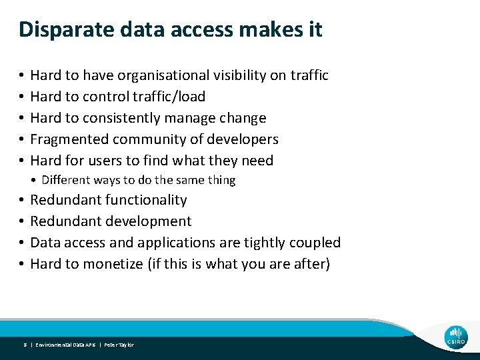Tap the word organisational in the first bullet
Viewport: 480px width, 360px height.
(169, 75)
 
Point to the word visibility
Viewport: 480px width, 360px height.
(241, 75)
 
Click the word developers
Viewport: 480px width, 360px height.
(243, 139)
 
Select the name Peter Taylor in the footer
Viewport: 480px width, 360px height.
(119, 345)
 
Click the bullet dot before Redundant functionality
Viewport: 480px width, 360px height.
(22, 200)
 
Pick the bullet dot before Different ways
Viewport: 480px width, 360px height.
(35, 180)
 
